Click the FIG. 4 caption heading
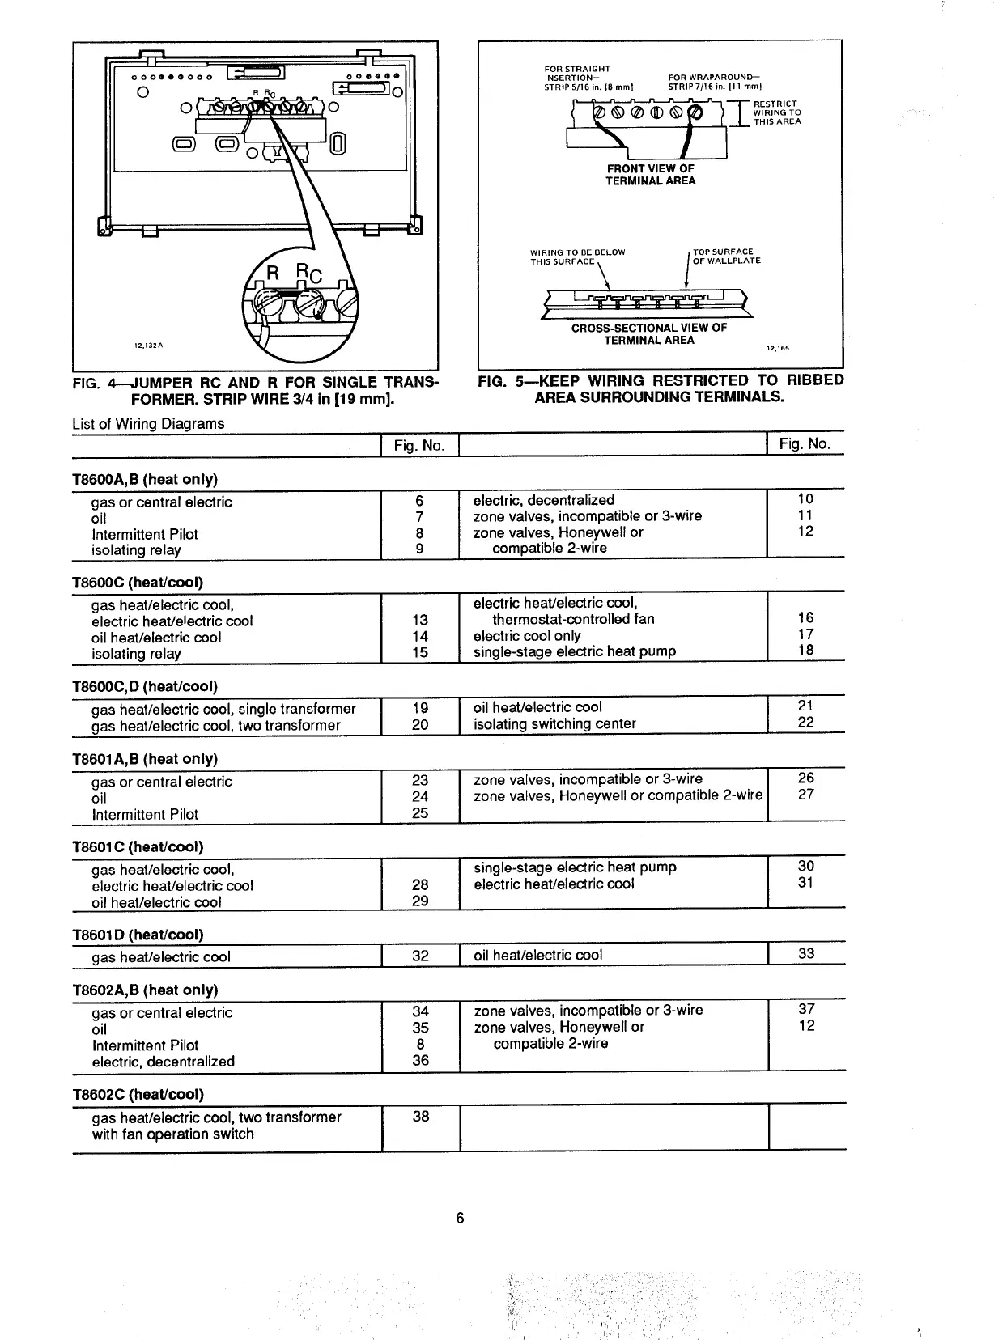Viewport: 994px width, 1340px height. coord(255,390)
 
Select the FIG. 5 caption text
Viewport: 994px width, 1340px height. coord(661,388)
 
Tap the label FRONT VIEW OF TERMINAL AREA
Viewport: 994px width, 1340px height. coord(650,175)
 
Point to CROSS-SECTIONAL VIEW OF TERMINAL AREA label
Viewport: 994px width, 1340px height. coord(648,333)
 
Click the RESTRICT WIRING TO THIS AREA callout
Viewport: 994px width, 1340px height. coord(776,112)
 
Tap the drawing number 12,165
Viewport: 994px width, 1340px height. coord(777,349)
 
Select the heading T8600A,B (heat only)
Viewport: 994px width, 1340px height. coord(145,479)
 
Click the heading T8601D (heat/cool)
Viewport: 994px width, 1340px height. coord(138,935)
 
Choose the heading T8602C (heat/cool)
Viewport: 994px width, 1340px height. coord(138,1094)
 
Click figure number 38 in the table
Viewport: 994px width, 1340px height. coord(421,1116)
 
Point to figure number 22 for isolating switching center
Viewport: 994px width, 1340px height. coord(805,722)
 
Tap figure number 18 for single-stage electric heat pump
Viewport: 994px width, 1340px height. coord(805,650)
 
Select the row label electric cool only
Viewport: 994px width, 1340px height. coord(527,635)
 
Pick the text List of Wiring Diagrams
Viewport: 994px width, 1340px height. coord(148,423)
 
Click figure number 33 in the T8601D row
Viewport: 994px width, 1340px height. coord(806,953)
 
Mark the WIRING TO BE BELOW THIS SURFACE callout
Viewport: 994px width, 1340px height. coord(577,257)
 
